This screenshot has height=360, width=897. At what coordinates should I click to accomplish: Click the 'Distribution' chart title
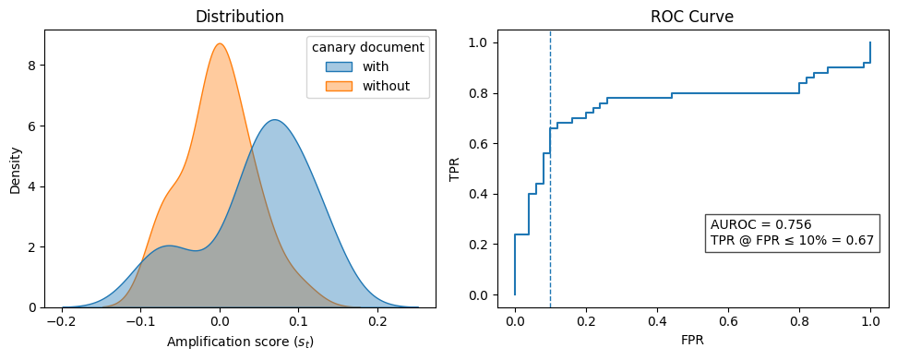[240, 17]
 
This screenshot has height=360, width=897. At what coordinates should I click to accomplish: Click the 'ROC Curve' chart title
[692, 17]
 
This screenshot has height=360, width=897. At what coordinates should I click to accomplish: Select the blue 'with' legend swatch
[338, 66]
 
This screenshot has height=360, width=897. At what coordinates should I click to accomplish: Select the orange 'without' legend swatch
[338, 87]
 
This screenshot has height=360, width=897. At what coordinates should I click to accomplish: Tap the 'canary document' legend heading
[367, 47]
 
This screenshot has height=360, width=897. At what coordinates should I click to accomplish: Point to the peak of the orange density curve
[219, 43]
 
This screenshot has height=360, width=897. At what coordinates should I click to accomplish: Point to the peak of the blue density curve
[274, 120]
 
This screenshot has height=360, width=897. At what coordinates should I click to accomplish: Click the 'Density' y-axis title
[15, 169]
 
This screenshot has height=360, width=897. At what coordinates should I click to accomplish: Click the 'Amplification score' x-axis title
[240, 342]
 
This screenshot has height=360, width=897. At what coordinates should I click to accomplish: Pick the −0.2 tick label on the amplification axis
[62, 321]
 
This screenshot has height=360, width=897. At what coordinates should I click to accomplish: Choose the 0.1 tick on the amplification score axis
[298, 321]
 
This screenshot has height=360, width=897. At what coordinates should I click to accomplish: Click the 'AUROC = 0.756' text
[760, 224]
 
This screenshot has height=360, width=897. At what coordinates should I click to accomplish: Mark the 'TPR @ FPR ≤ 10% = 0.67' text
[792, 240]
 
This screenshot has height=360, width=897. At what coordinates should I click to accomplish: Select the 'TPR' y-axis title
[454, 169]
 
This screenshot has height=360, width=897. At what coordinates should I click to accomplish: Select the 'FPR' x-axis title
[692, 341]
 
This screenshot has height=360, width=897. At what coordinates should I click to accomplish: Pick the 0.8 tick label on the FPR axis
[799, 321]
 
